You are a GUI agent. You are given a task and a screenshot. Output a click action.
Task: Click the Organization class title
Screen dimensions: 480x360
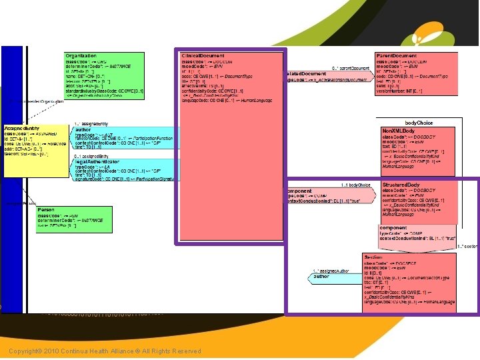[x=81, y=55]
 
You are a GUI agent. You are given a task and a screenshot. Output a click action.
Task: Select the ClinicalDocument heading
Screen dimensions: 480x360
[x=203, y=55]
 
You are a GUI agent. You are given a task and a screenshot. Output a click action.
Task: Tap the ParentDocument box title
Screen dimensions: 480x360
[x=397, y=56]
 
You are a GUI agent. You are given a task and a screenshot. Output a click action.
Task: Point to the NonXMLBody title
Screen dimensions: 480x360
[x=397, y=129]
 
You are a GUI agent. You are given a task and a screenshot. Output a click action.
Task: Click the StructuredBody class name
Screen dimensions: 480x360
[x=401, y=185]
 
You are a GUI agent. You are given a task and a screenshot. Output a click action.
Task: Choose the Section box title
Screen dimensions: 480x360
[x=373, y=257]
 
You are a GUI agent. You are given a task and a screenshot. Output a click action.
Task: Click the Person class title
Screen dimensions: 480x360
[x=47, y=209]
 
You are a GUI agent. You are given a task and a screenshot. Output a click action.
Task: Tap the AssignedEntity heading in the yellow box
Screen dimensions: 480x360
[x=23, y=127]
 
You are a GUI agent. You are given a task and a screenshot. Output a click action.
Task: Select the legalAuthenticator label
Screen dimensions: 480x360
[x=97, y=162]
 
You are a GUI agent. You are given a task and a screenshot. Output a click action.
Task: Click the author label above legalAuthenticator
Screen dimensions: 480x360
[x=83, y=130]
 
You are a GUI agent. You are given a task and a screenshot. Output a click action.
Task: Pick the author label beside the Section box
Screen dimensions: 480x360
[x=321, y=276]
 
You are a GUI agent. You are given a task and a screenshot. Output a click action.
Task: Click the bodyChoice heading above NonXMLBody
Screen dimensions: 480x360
[x=419, y=123]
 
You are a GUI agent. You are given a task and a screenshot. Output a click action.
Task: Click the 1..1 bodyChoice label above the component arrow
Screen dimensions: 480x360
[x=355, y=185]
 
